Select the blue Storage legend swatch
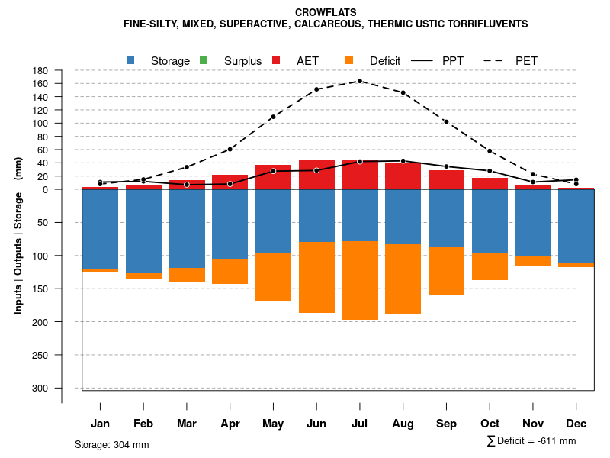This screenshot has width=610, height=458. tap(131, 60)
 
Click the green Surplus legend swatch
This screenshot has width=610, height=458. tap(204, 60)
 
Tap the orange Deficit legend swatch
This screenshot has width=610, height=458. tap(350, 60)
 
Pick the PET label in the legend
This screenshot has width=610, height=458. tap(527, 60)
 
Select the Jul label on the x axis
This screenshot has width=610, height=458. tap(360, 424)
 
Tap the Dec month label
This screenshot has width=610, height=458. tap(576, 424)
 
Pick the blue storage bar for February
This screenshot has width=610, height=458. tap(143, 231)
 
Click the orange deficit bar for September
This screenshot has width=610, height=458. tap(446, 271)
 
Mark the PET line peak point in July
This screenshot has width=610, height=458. tap(360, 81)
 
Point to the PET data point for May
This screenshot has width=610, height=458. tap(273, 117)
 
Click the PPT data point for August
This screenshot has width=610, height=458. tap(403, 161)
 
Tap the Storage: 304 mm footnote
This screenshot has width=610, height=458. tap(112, 444)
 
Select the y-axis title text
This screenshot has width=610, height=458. tap(18, 235)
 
